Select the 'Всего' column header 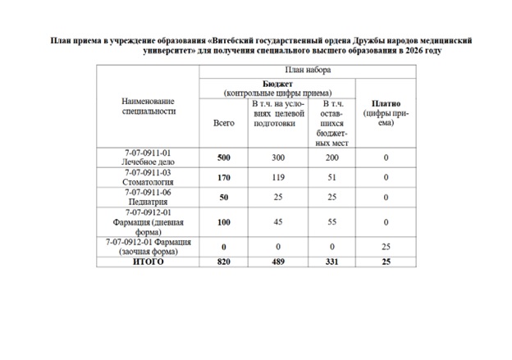pos(223,122)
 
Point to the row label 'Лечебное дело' pos(149,162)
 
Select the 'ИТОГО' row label pos(149,262)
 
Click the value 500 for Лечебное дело pos(223,157)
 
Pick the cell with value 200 pos(331,157)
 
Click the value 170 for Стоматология pos(223,178)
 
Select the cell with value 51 pos(331,178)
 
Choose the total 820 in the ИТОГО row pos(223,262)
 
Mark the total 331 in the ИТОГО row pos(331,262)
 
